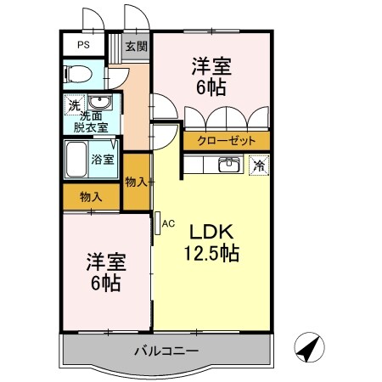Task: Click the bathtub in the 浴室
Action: click(79, 160)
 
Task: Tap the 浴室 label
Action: click(104, 159)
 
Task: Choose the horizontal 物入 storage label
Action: click(91, 196)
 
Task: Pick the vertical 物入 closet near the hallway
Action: click(137, 180)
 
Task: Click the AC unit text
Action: click(168, 223)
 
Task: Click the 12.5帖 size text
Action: click(212, 252)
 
